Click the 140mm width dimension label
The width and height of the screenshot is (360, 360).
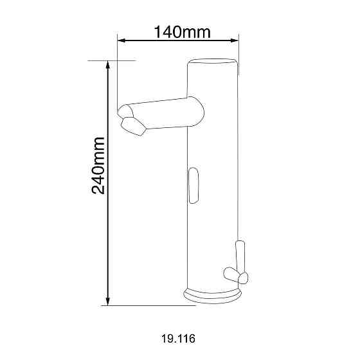point(182,32)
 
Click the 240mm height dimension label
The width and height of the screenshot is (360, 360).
point(98,166)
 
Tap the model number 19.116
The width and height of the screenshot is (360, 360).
point(179,339)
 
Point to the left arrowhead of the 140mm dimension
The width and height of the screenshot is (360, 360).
point(122,40)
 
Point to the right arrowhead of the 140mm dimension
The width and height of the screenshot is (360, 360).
point(235,40)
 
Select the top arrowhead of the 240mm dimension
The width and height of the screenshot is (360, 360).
point(108,65)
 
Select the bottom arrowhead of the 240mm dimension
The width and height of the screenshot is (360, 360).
point(108,301)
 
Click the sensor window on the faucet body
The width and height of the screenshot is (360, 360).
point(194,186)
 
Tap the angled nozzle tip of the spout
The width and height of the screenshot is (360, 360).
point(133,126)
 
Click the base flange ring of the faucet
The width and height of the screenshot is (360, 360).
point(213,296)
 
